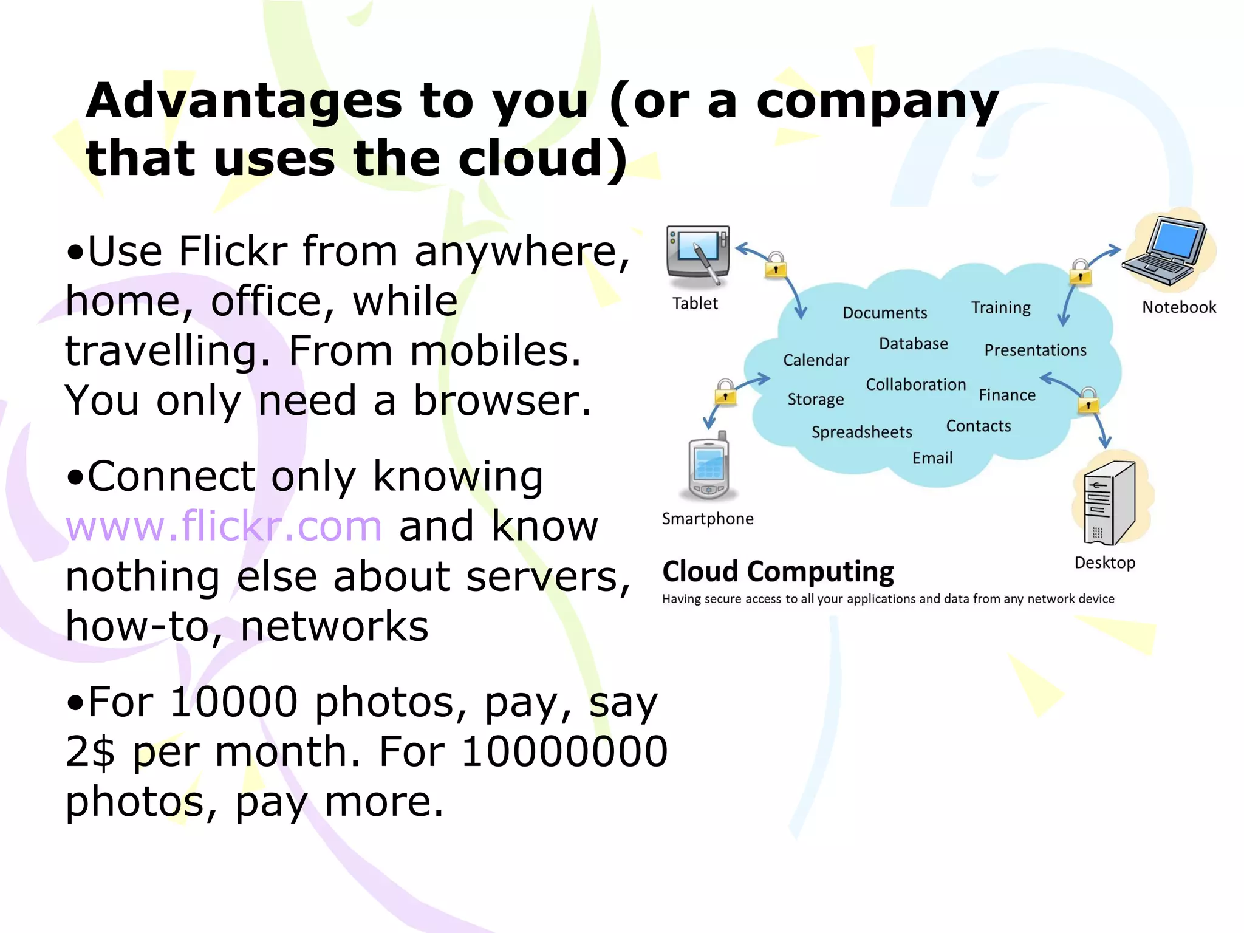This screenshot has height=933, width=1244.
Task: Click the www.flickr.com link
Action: tap(224, 527)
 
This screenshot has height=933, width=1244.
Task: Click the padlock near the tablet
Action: tap(776, 265)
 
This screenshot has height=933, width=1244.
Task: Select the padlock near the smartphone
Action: tap(725, 392)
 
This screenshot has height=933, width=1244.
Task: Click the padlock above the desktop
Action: tap(1088, 401)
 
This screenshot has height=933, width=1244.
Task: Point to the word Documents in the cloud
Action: tap(884, 313)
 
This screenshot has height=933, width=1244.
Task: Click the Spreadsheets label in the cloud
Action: tap(861, 432)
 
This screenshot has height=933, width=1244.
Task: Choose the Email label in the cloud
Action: tap(932, 458)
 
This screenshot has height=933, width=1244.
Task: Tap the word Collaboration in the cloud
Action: tap(915, 384)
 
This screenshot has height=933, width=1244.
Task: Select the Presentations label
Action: tap(1035, 350)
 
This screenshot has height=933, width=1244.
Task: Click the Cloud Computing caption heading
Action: tap(778, 572)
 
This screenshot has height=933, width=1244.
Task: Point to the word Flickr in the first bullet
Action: tap(233, 251)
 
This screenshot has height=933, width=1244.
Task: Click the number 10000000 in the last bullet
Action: tap(565, 752)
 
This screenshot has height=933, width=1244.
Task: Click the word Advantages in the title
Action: tap(244, 101)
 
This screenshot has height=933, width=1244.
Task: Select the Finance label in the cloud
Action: tap(1007, 395)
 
